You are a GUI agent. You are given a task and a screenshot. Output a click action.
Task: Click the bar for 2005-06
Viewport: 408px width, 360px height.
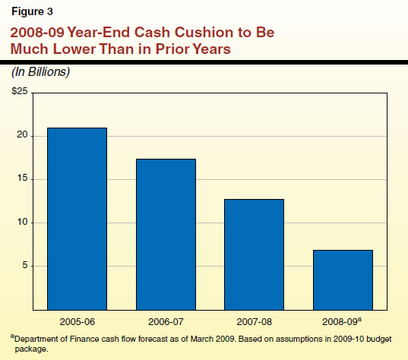pyautogui.click(x=77, y=219)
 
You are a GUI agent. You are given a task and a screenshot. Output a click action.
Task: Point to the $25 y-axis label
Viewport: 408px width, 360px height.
pyautogui.click(x=18, y=92)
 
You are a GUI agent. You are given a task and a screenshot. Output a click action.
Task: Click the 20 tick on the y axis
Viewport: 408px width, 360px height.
pyautogui.click(x=22, y=135)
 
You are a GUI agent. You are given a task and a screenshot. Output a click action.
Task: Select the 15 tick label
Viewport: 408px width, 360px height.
pyautogui.click(x=22, y=179)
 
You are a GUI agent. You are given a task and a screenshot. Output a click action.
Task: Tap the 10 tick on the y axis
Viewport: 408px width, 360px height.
pyautogui.click(x=22, y=223)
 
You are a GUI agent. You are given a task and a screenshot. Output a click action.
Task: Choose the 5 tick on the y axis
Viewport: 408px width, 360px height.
pyautogui.click(x=24, y=266)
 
